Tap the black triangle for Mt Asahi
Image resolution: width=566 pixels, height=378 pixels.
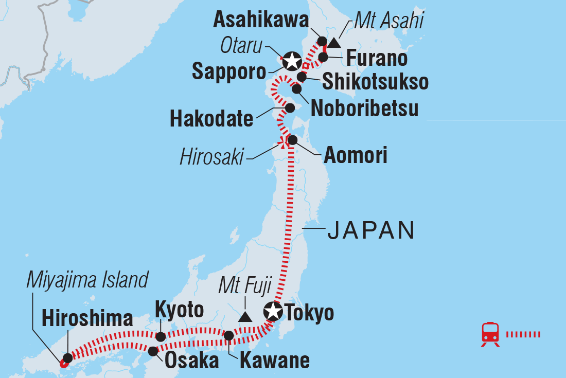[334, 43]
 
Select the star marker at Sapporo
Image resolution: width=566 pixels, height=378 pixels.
[291, 62]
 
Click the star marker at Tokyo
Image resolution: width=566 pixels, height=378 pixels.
[273, 311]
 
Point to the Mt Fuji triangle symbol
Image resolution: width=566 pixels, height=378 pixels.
[245, 317]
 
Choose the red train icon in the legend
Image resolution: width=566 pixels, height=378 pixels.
[490, 334]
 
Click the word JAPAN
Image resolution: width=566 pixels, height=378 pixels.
[371, 231]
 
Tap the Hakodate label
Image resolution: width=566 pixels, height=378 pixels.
[211, 119]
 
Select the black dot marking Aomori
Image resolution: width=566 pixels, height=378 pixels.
[292, 140]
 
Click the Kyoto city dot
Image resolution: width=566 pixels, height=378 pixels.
[161, 337]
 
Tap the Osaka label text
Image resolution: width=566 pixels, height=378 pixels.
[191, 361]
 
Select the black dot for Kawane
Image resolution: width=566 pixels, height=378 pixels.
[229, 336]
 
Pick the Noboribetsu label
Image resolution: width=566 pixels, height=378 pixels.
[364, 109]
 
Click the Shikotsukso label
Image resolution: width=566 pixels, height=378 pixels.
[375, 82]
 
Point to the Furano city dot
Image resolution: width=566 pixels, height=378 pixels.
[323, 57]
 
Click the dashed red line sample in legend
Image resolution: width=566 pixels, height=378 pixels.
[523, 335]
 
